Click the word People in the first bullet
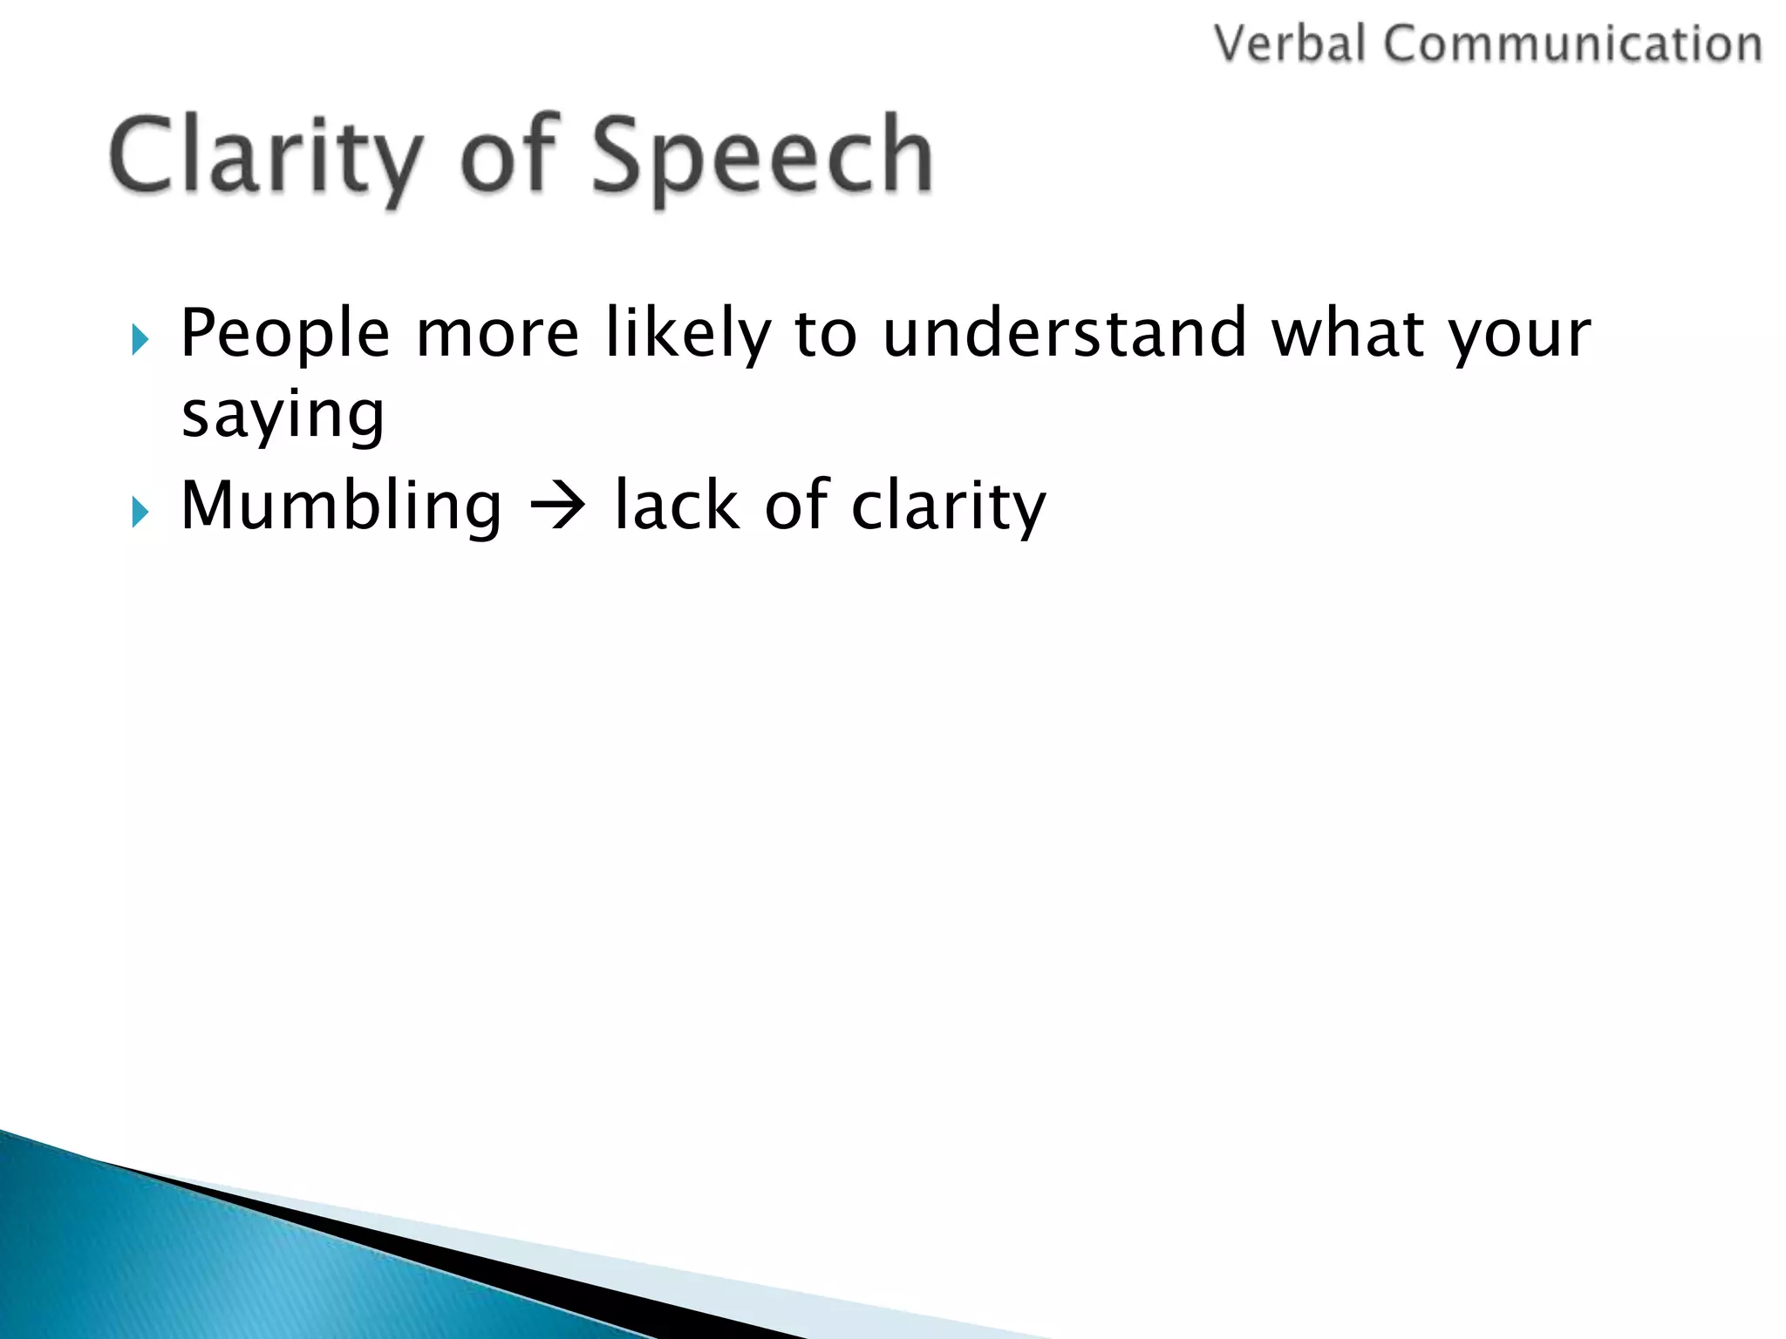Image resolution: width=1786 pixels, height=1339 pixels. point(285,334)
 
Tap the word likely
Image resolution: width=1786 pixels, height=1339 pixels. point(688,334)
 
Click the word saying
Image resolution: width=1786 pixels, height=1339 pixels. point(283,416)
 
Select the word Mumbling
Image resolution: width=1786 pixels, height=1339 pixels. point(341,506)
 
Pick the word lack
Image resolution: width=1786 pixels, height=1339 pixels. point(677,506)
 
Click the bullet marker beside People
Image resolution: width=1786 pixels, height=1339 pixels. point(140,339)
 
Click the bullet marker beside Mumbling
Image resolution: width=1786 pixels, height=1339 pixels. point(140,512)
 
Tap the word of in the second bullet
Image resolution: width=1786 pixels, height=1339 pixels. point(796,506)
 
